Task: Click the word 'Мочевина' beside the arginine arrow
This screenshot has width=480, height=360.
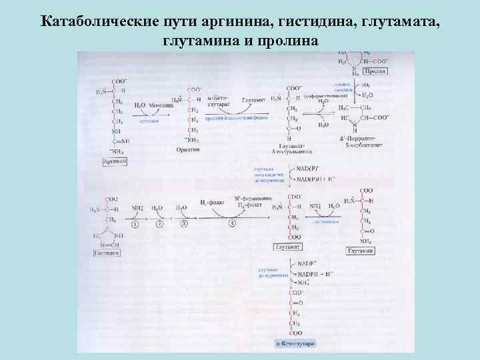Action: click(161, 105)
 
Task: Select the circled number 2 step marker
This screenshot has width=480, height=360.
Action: click(159, 224)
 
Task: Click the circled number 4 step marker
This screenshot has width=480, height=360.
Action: click(233, 224)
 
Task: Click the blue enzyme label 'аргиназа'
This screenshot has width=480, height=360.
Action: click(149, 121)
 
